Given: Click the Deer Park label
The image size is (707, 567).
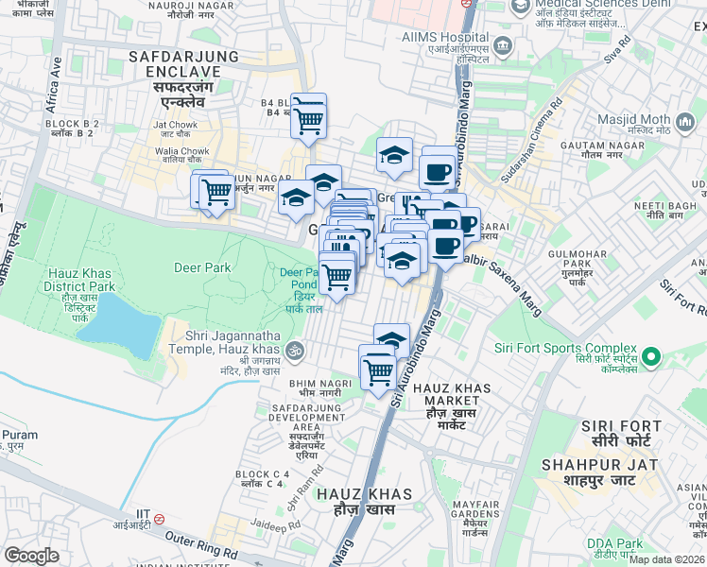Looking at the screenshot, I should click(202, 267).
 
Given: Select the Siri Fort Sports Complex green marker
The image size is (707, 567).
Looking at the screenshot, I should click(650, 357).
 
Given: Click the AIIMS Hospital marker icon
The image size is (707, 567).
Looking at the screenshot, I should click(503, 44).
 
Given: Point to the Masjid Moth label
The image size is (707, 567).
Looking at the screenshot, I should click(633, 120).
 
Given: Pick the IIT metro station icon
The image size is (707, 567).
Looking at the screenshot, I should click(160, 518).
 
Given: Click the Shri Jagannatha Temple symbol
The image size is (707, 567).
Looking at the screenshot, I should click(295, 348).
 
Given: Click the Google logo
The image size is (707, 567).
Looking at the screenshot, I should click(32, 556).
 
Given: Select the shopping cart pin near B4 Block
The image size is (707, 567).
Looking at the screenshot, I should click(309, 117).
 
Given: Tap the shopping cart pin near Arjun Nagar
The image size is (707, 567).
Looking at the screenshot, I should click(216, 192).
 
